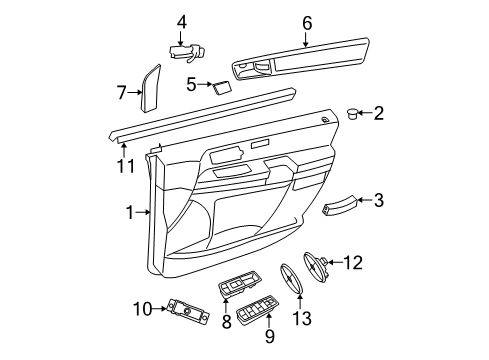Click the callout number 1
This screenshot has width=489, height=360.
[x=129, y=212]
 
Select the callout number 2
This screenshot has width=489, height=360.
[x=378, y=113]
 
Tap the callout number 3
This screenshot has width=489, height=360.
[x=378, y=200]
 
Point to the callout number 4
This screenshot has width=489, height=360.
[x=181, y=21]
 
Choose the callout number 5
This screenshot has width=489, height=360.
[x=191, y=85]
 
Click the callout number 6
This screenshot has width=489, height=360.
[x=306, y=21]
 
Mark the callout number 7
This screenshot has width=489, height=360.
[x=122, y=92]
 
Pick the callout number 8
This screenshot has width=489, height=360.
[x=227, y=321]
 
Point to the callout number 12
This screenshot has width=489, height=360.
[x=353, y=263]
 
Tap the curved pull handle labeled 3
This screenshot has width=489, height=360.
[x=338, y=205]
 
